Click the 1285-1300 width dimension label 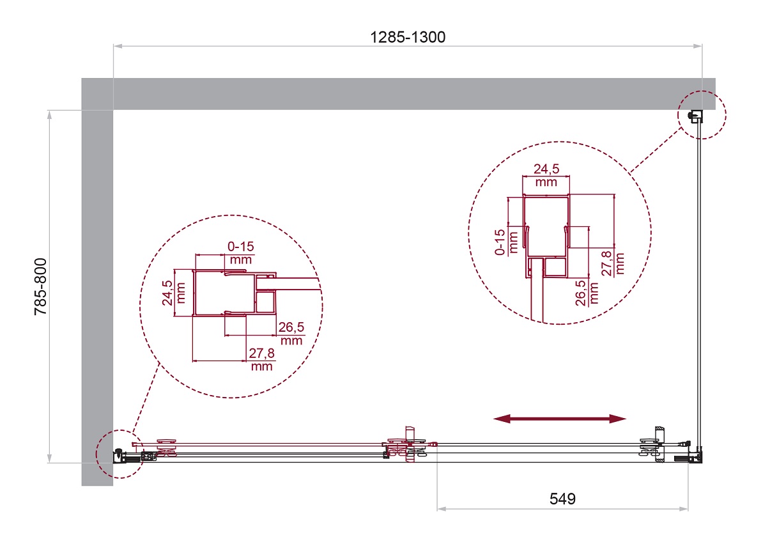coord(407,37)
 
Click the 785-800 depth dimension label coord(40,286)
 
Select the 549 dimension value coord(562,499)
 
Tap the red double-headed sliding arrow coord(560,419)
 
